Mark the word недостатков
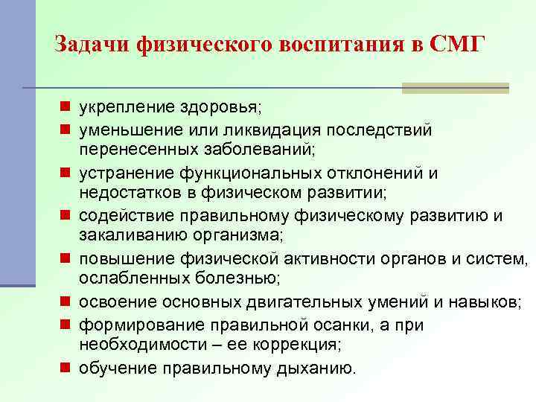pyautogui.click(x=129, y=194)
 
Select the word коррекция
pyautogui.click(x=293, y=346)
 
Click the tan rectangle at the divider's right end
pyautogui.click(x=456, y=88)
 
